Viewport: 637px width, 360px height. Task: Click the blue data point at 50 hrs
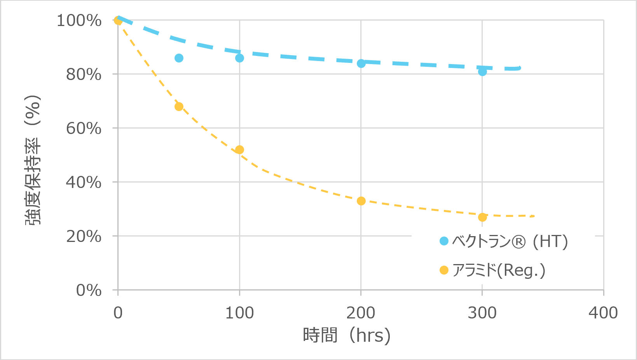coord(179,58)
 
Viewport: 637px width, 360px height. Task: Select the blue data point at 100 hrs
coord(239,58)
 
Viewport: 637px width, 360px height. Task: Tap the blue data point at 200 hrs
coord(361,63)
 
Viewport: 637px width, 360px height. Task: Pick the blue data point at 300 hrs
coord(482,71)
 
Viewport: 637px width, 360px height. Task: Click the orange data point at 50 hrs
coord(179,106)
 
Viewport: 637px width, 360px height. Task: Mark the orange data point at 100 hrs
coord(239,150)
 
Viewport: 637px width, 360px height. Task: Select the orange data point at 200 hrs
coord(361,201)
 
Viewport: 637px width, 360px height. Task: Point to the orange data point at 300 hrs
coord(482,217)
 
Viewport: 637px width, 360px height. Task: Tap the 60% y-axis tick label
coord(84,129)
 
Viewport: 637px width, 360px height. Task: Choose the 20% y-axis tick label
coord(84,237)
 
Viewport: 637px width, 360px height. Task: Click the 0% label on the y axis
coord(89,290)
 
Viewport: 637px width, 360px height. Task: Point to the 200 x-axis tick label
coord(361,313)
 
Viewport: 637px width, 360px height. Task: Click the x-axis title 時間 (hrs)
coord(346,335)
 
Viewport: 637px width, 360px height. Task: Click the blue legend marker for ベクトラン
coord(444,241)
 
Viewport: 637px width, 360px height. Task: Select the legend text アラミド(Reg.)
coord(499,270)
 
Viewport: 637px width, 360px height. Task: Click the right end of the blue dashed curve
coord(519,68)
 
